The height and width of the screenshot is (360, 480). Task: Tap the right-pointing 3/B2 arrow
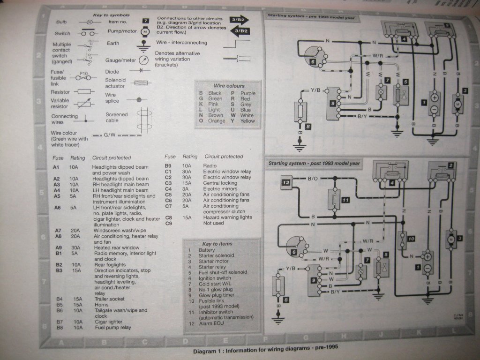(240, 20)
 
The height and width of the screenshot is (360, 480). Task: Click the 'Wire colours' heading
(229, 86)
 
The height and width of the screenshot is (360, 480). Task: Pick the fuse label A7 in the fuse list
(58, 230)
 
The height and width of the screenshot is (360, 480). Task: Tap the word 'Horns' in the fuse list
(101, 305)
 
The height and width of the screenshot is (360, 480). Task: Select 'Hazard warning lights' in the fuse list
(226, 217)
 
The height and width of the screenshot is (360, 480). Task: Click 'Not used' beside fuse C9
(213, 223)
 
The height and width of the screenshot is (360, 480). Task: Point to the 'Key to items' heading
(217, 244)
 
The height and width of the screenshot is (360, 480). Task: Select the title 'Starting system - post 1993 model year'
(314, 163)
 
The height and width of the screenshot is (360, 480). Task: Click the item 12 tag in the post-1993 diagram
(286, 182)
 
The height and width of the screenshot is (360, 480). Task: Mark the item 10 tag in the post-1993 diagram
(411, 239)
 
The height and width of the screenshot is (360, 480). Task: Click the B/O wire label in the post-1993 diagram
(313, 179)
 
